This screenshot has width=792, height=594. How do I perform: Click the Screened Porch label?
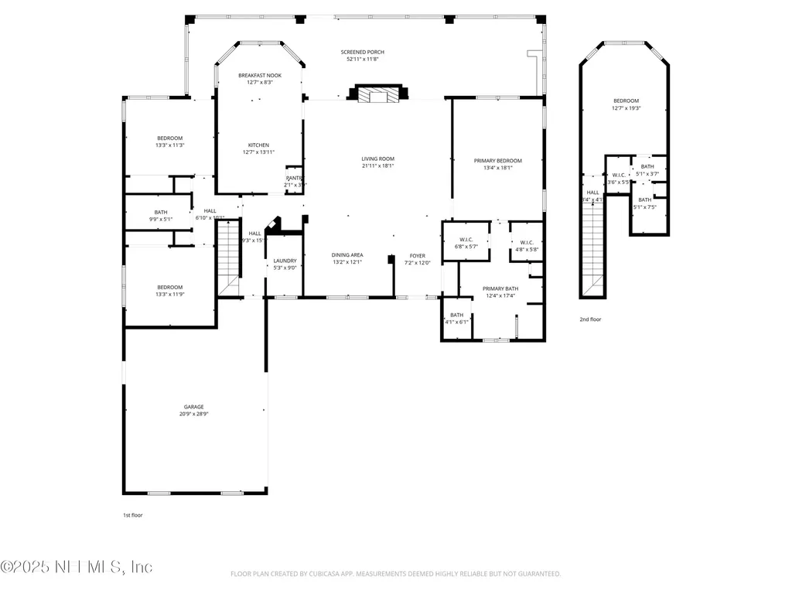(362, 53)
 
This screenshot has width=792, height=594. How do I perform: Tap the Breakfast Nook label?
(259, 75)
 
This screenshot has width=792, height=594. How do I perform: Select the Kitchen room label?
(258, 145)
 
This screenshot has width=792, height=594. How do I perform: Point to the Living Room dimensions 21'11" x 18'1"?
(377, 166)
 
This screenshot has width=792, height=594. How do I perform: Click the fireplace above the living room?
(377, 95)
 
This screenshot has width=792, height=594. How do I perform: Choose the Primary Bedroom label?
(497, 161)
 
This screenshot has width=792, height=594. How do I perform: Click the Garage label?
(194, 407)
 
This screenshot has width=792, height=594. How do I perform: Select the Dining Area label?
(347, 255)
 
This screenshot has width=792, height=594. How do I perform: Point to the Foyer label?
(418, 255)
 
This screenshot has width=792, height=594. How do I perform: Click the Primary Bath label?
(501, 288)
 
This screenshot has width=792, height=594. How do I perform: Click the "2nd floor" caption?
(590, 319)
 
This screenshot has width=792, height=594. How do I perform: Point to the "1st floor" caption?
(133, 514)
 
